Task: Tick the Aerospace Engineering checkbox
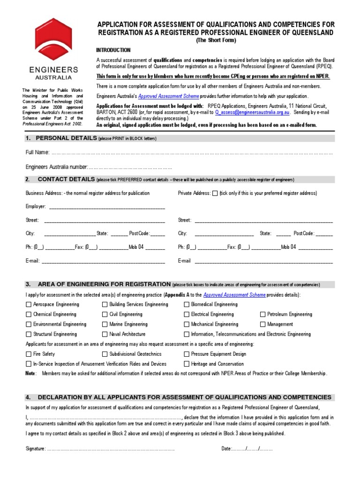(29, 305)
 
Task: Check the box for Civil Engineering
(105, 315)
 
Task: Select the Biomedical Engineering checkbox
(187, 305)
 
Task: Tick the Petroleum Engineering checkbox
(263, 315)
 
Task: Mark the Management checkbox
(263, 324)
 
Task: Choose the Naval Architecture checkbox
(105, 335)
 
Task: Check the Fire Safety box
(29, 354)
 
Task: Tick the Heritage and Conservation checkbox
(187, 364)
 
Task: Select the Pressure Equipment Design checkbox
(187, 354)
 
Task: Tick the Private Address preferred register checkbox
(215, 193)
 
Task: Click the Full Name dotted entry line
(192, 153)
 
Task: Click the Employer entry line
(106, 207)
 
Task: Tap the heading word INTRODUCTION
(113, 50)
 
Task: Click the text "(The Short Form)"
(216, 40)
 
